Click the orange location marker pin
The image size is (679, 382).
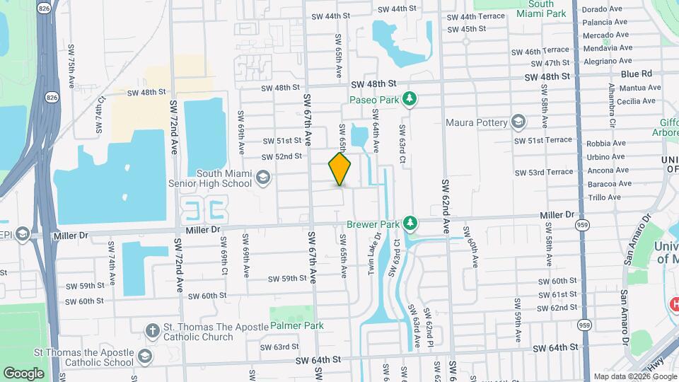tap(339, 169)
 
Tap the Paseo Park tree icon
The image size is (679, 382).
tap(408, 100)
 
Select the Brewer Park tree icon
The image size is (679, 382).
tap(409, 224)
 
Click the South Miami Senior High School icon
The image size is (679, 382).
tap(263, 178)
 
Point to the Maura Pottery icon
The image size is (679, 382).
tap(518, 122)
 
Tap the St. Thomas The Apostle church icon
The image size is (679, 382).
tap(151, 330)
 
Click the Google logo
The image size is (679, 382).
tap(24, 373)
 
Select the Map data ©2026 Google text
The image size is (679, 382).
tap(634, 376)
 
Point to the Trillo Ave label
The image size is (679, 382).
tap(604, 198)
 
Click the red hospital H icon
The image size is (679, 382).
tap(675, 303)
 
